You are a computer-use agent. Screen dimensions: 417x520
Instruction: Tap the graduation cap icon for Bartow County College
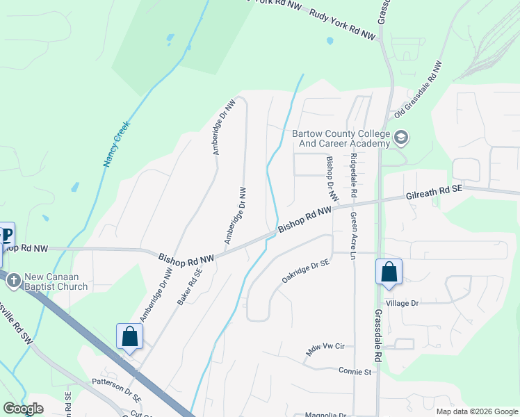coord(400,137)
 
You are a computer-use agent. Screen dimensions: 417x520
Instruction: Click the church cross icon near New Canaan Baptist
coord(12,280)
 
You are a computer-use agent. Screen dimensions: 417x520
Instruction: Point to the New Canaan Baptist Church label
coord(56,281)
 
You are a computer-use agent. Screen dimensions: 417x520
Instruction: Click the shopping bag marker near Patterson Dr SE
coord(129,337)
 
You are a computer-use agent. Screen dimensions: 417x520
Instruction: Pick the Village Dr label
coord(404,303)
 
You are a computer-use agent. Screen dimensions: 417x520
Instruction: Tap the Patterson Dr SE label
coord(117,391)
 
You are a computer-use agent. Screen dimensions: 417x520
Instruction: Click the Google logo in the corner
coord(24,409)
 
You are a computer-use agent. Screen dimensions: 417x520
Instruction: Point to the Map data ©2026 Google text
coord(476,411)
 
